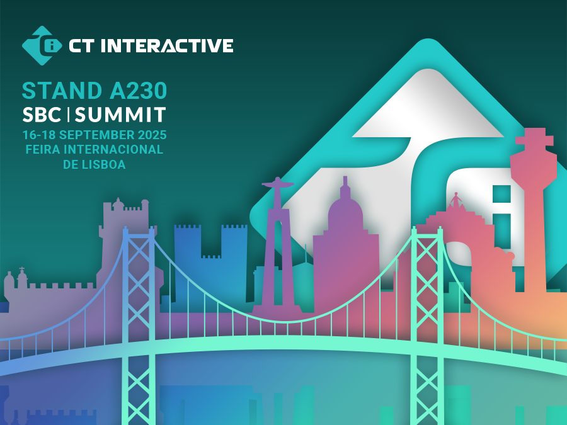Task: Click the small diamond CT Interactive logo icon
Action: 42,45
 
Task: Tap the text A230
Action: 138,90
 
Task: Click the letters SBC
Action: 42,115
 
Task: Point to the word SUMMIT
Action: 120,115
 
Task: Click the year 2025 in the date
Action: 152,135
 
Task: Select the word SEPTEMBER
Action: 97,135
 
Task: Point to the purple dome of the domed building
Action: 345,212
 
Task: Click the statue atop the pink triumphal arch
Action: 455,200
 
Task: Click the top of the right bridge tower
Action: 427,232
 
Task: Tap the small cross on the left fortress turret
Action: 21,269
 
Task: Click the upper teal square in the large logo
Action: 501,194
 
